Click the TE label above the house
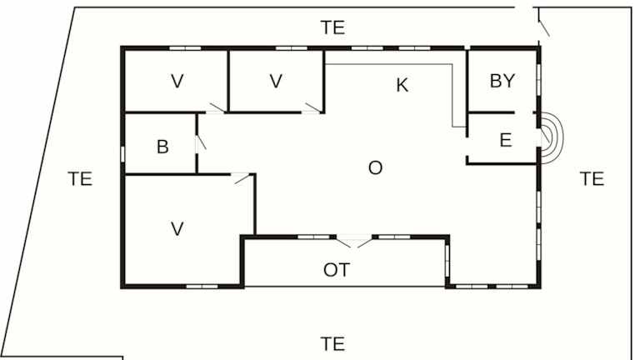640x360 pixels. [x=333, y=27]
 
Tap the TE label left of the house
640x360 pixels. [x=80, y=179]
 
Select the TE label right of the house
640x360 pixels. [x=592, y=179]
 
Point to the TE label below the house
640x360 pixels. [x=332, y=344]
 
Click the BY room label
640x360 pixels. [x=502, y=81]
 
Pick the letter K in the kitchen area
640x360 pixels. [x=402, y=85]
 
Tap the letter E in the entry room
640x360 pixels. [x=506, y=140]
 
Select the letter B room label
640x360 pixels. [x=162, y=147]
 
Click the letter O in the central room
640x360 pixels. [x=376, y=167]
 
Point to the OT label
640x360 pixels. [x=337, y=270]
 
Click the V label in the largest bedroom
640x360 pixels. [x=177, y=229]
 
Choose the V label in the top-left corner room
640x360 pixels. [x=177, y=81]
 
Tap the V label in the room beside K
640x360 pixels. [x=276, y=81]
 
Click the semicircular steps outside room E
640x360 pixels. [x=552, y=138]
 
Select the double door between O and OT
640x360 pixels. [x=354, y=241]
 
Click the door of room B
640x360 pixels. [x=201, y=142]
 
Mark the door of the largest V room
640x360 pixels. [x=242, y=179]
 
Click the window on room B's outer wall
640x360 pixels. [x=122, y=155]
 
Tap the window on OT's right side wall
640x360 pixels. [x=447, y=260]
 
